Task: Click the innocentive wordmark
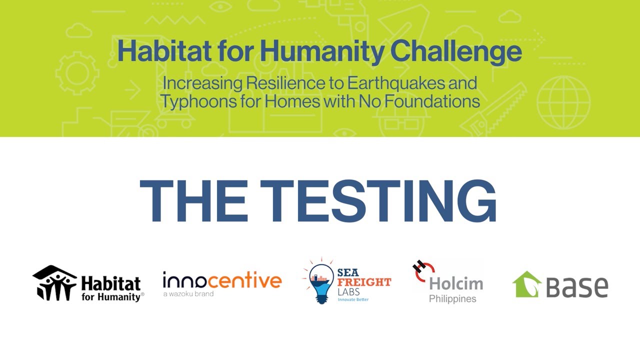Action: coord(222,281)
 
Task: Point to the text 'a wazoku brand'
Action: coord(188,294)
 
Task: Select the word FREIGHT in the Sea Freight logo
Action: coord(364,282)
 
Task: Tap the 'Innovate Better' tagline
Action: coord(353,299)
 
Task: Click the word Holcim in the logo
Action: coord(456,284)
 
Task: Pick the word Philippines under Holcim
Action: coord(452,299)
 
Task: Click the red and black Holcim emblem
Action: coord(423,270)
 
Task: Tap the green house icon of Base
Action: coord(527,284)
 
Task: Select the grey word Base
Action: coord(577,287)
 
